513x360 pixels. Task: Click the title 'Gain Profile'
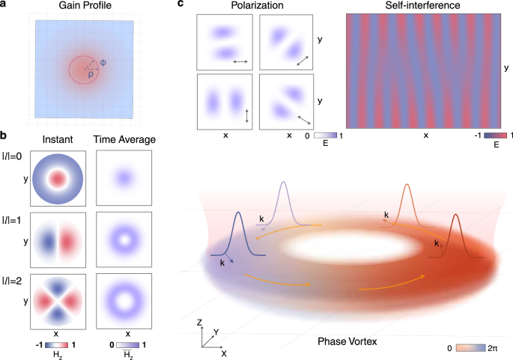tap(83, 7)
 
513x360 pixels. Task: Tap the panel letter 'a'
tap(4, 5)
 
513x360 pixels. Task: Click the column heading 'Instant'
tap(58, 138)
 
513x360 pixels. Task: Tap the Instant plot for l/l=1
tap(58, 238)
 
